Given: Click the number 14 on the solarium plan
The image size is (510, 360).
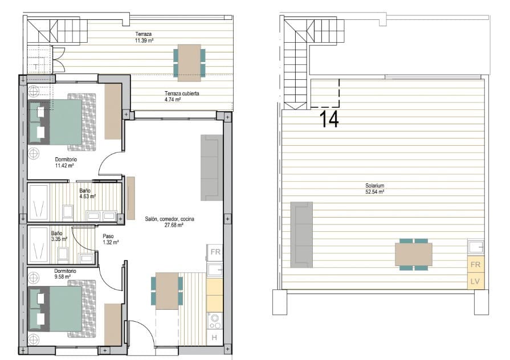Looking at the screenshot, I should pyautogui.click(x=329, y=119).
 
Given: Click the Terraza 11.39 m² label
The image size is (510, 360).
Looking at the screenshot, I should pyautogui.click(x=144, y=38).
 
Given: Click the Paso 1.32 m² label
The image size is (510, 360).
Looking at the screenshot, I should pyautogui.click(x=110, y=239).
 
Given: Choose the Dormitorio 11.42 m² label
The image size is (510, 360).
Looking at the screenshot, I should pyautogui.click(x=66, y=163).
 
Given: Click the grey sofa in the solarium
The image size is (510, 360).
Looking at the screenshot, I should pyautogui.click(x=301, y=234).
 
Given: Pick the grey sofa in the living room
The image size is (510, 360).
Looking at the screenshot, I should pyautogui.click(x=210, y=167).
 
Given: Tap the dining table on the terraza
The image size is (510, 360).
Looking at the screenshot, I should pyautogui.click(x=189, y=62).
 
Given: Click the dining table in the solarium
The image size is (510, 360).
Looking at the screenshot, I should pyautogui.click(x=414, y=255).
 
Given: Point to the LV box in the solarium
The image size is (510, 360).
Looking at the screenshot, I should pyautogui.click(x=475, y=281).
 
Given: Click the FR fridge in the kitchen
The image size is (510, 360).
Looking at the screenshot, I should pyautogui.click(x=215, y=252).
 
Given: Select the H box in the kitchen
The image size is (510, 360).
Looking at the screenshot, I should pyautogui.click(x=215, y=338).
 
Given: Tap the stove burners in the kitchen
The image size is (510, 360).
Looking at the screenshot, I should pyautogui.click(x=215, y=321).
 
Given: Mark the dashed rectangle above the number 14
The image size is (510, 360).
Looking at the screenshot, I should pyautogui.click(x=325, y=93).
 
